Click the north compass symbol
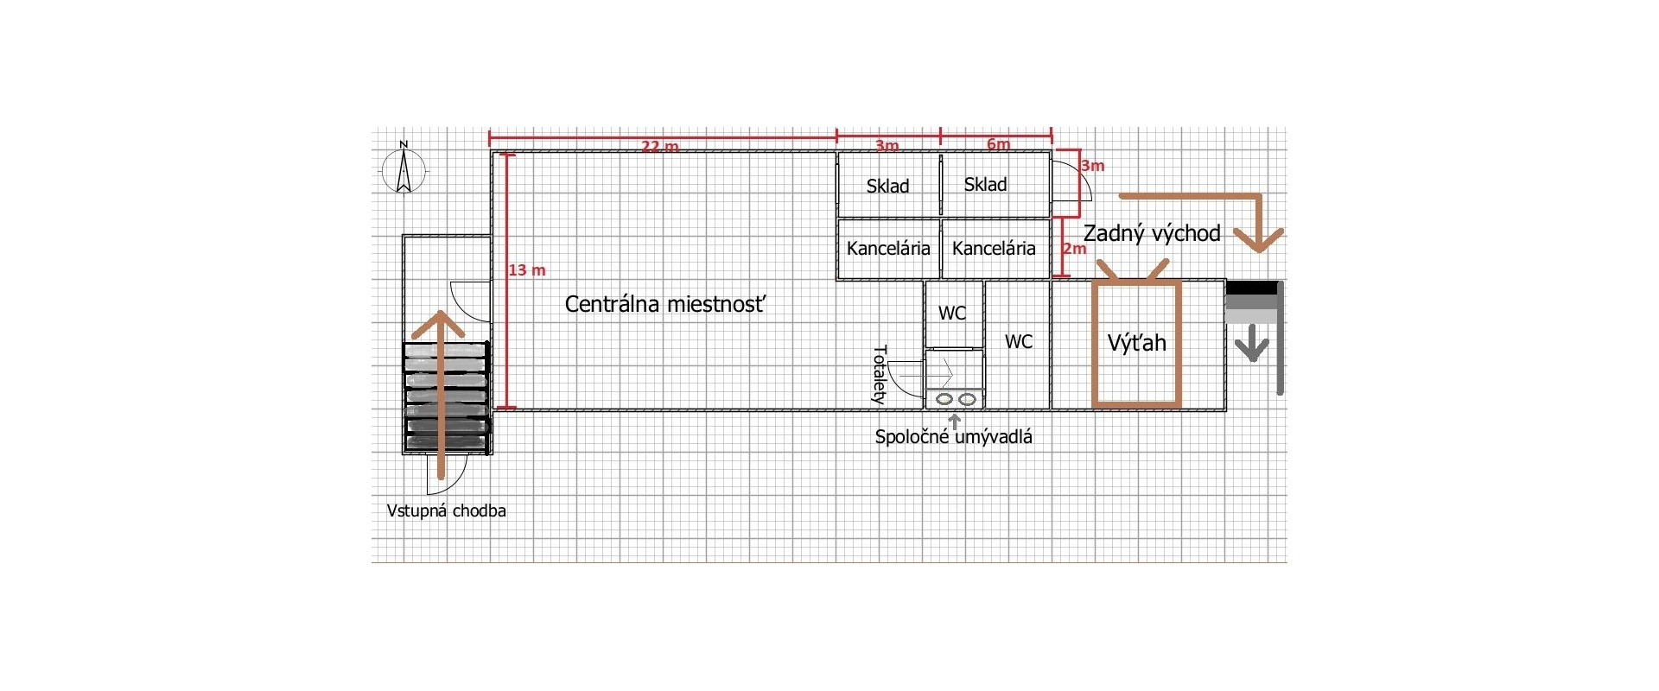(404, 169)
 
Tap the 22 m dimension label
(659, 146)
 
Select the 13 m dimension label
(526, 270)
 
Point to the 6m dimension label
(998, 144)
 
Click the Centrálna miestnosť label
(664, 304)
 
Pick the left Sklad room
(888, 186)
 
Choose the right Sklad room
(986, 184)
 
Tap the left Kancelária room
(888, 249)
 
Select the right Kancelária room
(994, 249)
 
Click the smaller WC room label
(952, 313)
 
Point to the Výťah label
(1136, 343)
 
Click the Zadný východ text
(1152, 233)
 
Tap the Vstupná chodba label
(446, 510)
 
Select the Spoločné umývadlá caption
(953, 437)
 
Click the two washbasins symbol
(955, 399)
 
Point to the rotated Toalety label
(880, 375)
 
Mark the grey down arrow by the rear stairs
(1251, 347)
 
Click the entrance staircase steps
(447, 397)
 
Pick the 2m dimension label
(1074, 249)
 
